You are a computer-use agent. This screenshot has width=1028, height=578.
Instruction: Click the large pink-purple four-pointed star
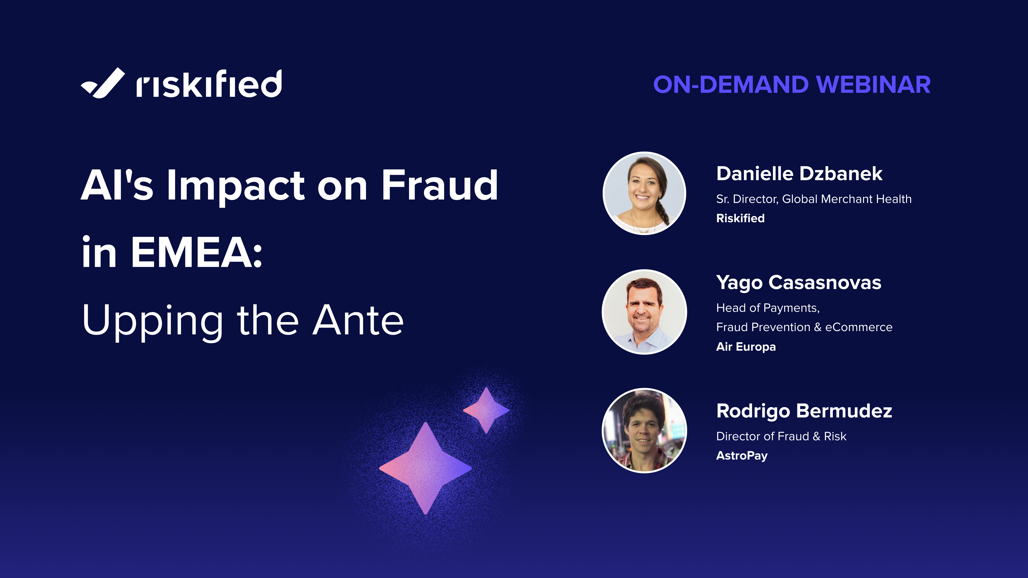click(x=425, y=468)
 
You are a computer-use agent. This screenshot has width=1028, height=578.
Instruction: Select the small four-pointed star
click(x=486, y=410)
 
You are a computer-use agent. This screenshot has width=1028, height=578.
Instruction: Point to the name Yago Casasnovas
click(x=798, y=283)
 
